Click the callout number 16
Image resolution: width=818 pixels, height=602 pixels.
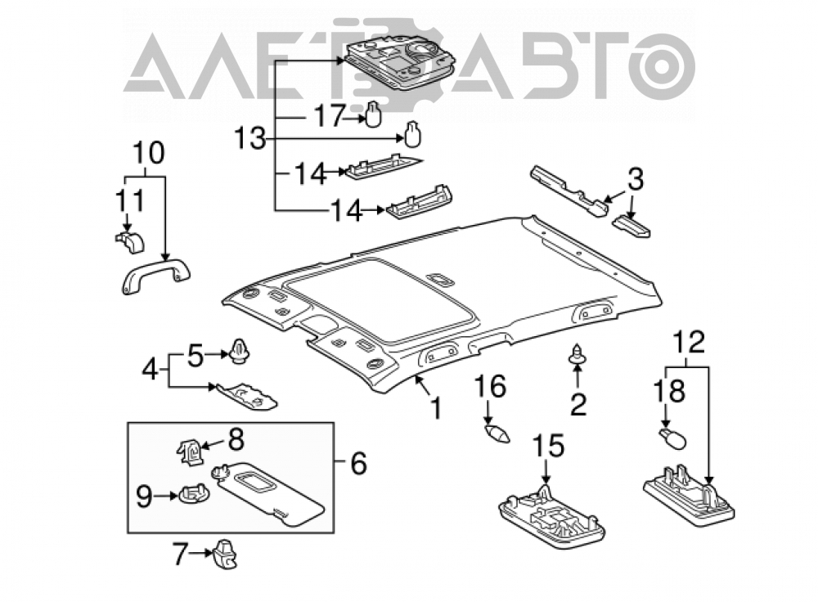pos(490,387)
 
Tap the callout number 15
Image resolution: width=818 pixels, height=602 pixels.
pos(548,446)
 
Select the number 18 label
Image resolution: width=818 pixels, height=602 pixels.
pos(669,391)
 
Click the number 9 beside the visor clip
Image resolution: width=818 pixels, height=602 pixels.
pos(144,496)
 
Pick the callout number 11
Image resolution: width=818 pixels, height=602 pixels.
pos(129,200)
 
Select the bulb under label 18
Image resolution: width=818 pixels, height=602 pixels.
pos(673,438)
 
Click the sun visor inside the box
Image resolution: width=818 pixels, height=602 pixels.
pos(268,494)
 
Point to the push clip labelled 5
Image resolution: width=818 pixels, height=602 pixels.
pos(240,351)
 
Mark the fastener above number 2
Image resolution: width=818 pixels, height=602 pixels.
pos(577,355)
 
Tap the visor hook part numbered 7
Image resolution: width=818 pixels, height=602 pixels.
pos(225,554)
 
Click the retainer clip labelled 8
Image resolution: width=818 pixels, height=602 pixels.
pos(191,451)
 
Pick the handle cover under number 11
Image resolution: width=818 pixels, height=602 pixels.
pos(130,241)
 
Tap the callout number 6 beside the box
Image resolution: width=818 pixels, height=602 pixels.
pos(359,463)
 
